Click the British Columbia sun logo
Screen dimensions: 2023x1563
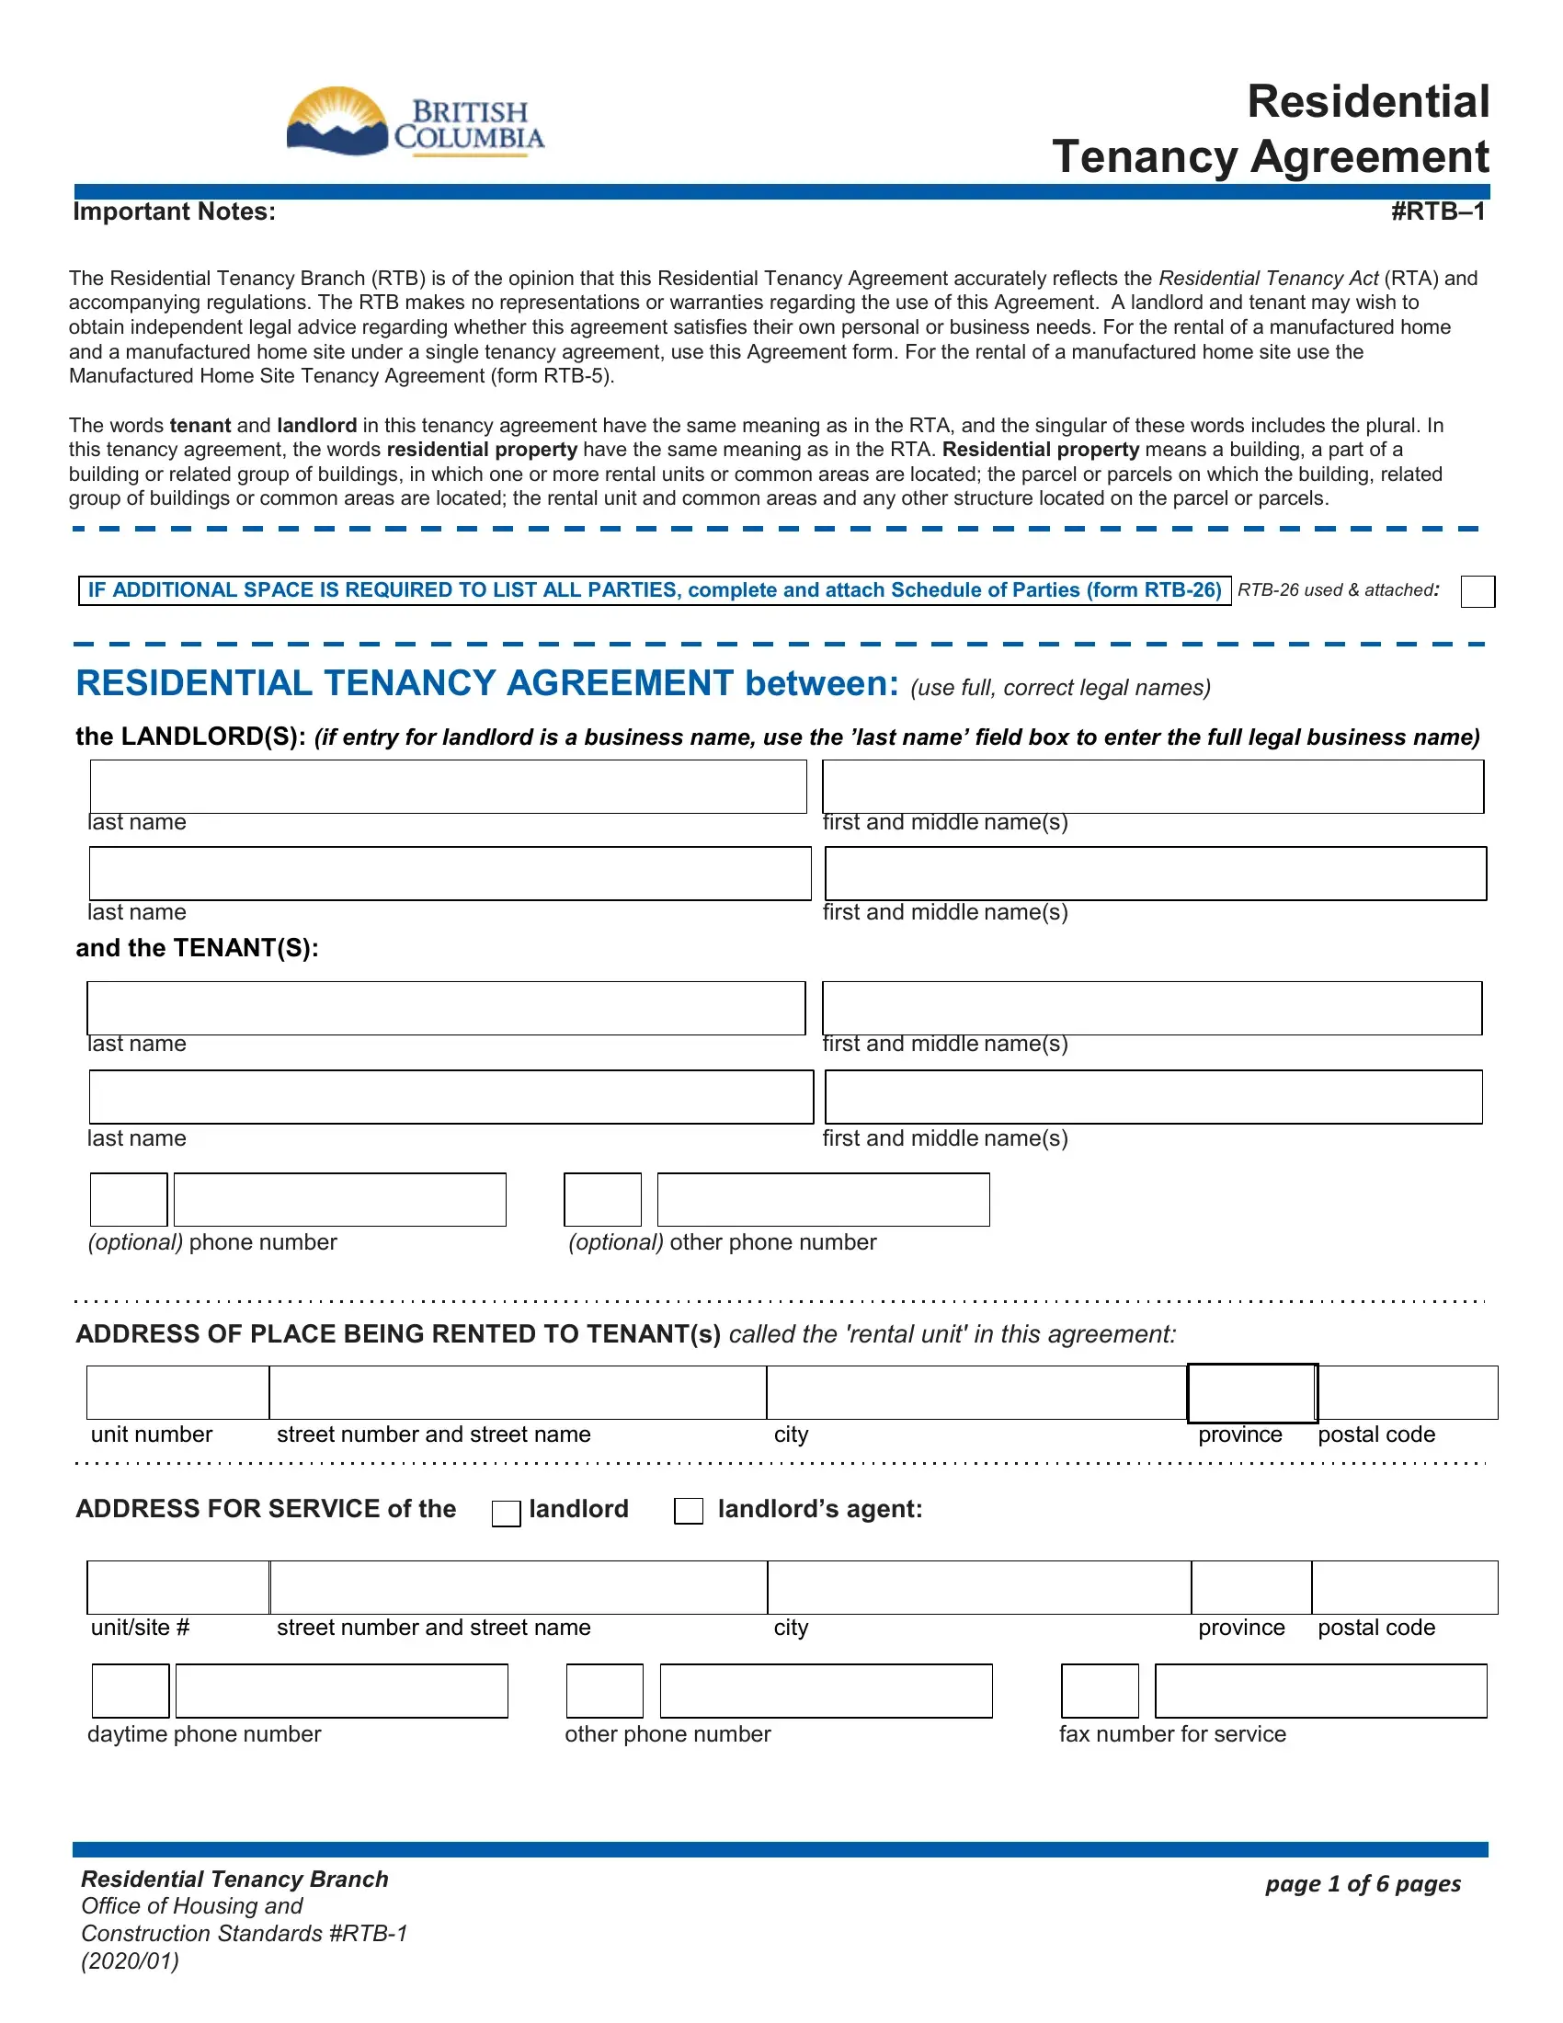tap(337, 121)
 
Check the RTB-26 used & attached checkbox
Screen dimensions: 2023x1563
tap(1477, 591)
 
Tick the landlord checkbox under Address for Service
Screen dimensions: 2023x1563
tap(506, 1514)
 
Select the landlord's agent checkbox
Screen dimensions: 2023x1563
tap(688, 1511)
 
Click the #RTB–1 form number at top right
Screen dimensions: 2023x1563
tap(1437, 212)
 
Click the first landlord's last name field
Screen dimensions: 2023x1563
tap(448, 786)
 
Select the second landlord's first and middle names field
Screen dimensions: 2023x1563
tap(1155, 873)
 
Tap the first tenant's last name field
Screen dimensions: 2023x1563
tap(445, 1008)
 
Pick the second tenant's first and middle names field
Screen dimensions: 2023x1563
tap(1153, 1097)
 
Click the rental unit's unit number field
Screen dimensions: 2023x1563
tap(177, 1392)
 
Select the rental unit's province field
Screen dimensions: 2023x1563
tap(1252, 1392)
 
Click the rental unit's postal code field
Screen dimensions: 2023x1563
tap(1408, 1392)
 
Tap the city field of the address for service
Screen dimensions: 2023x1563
tap(979, 1588)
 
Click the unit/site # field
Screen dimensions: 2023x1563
tap(177, 1588)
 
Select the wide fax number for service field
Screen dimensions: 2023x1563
tap(1320, 1690)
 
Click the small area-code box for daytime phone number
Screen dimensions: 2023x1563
tap(131, 1690)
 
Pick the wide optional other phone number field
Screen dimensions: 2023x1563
tap(823, 1199)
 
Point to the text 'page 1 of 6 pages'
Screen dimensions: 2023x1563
tap(1362, 1883)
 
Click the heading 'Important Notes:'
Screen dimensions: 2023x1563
tap(174, 212)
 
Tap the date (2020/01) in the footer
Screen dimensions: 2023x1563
tap(130, 1961)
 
